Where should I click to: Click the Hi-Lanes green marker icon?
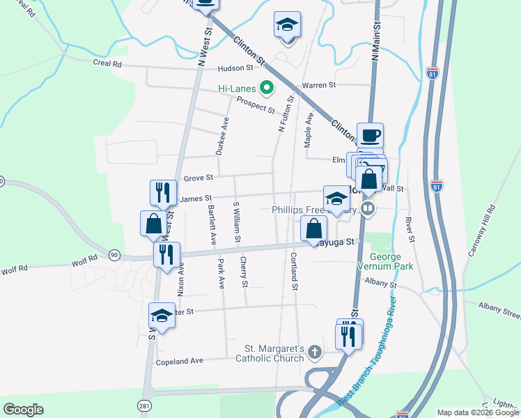point(265,88)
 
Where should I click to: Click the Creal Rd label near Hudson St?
point(107,63)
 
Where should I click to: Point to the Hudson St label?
point(235,68)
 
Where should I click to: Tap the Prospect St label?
point(255,104)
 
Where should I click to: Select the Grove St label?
point(198,178)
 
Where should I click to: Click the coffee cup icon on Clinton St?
point(371,135)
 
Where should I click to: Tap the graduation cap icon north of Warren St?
point(287,25)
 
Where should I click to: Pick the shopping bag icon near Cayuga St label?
point(314,228)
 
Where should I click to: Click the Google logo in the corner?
point(23,410)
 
